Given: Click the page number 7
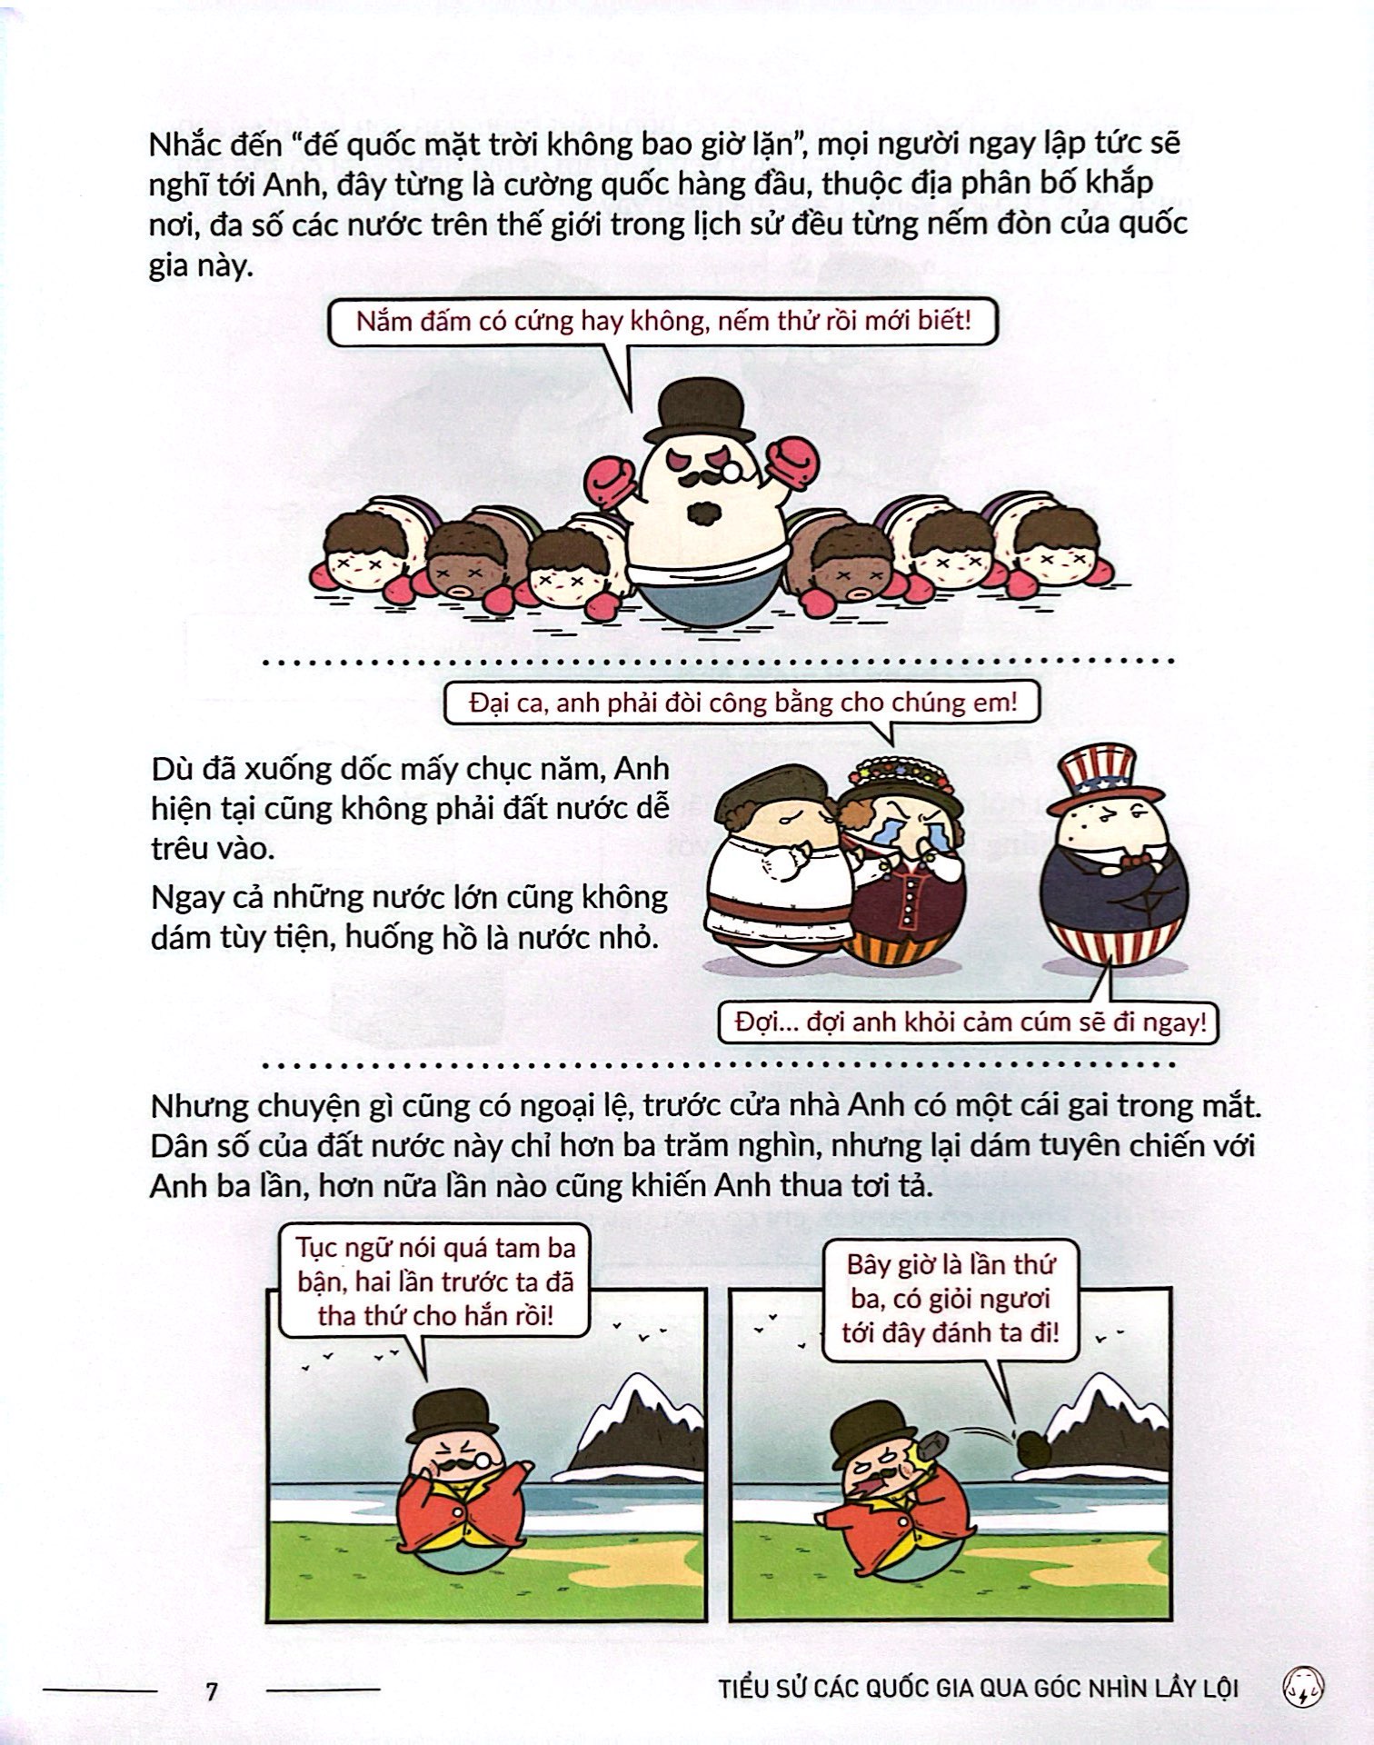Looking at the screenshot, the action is click(x=212, y=1692).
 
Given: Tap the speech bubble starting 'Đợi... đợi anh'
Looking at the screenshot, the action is click(x=967, y=1021).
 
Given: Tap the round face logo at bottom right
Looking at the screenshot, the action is click(x=1308, y=1690).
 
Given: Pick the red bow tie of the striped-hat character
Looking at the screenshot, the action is click(x=1135, y=859).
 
